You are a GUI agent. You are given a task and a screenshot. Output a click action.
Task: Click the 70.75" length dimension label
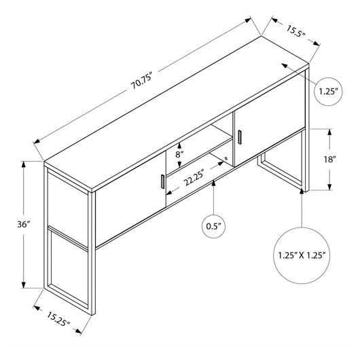coord(142,81)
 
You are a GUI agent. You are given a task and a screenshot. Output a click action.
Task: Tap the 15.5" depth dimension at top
coord(296,31)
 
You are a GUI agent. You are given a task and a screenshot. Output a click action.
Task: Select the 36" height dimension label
coord(24,224)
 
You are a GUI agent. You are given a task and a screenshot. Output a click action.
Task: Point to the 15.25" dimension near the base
coord(58,319)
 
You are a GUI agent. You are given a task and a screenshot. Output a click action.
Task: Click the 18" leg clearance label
coord(330,159)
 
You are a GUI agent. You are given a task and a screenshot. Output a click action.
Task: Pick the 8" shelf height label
coord(179,154)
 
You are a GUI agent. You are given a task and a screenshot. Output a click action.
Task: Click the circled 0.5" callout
coord(213,226)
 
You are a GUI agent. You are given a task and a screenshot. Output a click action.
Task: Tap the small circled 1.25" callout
coord(328,92)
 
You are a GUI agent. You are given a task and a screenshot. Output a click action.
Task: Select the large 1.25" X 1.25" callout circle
coord(302,255)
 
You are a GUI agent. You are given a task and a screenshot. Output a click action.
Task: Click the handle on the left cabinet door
coord(163,181)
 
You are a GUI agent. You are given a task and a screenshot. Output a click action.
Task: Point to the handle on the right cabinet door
coord(240,137)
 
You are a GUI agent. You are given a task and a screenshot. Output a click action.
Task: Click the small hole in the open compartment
coord(226,158)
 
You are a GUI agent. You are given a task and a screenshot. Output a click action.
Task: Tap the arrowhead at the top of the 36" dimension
coord(23,164)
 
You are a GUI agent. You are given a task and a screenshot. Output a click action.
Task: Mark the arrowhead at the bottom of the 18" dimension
coord(329,187)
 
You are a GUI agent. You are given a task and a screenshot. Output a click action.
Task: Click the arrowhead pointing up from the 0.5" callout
coord(213,183)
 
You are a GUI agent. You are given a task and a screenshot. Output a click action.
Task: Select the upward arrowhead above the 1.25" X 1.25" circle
coord(302,192)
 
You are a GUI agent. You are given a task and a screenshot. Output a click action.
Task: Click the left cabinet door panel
coord(130,198)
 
